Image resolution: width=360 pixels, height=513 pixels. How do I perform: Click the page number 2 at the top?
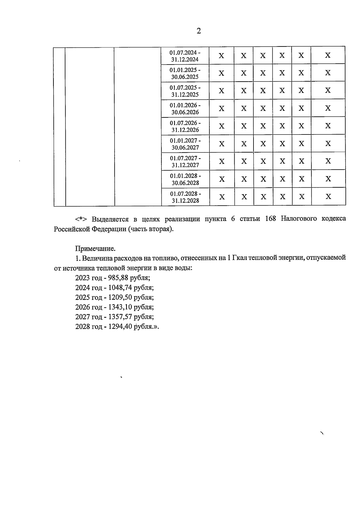[x=199, y=31]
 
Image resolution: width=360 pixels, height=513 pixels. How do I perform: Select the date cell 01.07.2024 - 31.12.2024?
[x=185, y=56]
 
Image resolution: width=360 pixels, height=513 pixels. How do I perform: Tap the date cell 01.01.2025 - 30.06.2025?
[x=185, y=73]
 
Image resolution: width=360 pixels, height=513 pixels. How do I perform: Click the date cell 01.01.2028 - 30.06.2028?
[x=185, y=179]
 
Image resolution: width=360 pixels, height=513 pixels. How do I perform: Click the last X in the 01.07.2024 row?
[x=328, y=55]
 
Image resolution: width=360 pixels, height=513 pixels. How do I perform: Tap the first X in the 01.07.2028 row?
[x=222, y=197]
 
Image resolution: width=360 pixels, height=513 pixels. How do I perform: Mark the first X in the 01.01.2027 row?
[x=222, y=144]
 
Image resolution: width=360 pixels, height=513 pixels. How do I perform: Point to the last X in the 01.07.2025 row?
[x=328, y=90]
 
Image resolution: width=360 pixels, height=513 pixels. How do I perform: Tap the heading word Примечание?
[x=95, y=249]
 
